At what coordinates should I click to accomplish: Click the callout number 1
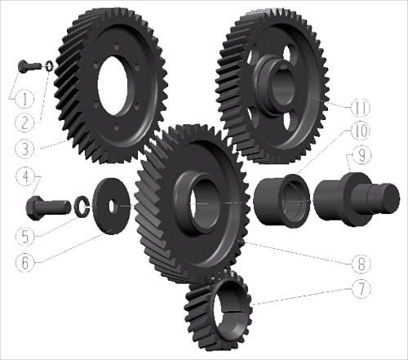(24, 99)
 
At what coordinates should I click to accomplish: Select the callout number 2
(24, 122)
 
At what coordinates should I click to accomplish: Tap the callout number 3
(24, 149)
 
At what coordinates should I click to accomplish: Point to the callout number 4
(25, 177)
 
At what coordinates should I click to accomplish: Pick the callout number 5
(24, 236)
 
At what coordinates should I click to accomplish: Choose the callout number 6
(24, 262)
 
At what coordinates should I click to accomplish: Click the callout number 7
(361, 289)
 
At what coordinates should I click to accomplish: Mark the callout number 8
(361, 263)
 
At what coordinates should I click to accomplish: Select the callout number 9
(361, 156)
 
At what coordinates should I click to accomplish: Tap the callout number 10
(361, 131)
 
